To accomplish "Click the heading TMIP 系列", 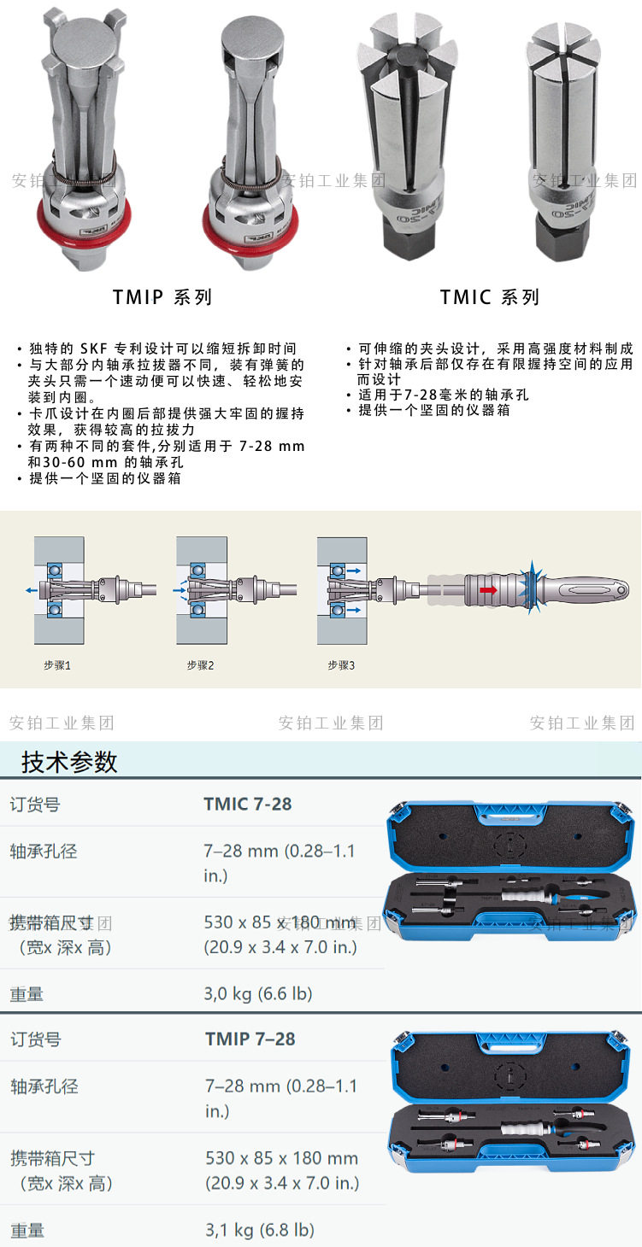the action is [x=162, y=296].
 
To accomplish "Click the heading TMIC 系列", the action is [x=490, y=296].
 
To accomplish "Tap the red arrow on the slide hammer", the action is [x=489, y=589].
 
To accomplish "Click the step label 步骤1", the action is [x=57, y=665].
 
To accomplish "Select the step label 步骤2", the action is [x=201, y=665].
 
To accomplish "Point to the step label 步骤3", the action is [x=341, y=665].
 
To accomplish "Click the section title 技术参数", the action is [x=69, y=762].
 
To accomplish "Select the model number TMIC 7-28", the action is [x=247, y=804].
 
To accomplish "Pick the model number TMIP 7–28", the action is [x=250, y=1039].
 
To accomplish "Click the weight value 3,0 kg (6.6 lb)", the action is [x=258, y=993].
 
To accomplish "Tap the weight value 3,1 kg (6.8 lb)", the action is [x=260, y=1230].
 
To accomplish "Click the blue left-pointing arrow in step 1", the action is [x=32, y=590].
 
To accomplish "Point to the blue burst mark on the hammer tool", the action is [x=531, y=588].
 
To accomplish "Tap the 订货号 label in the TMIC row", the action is [x=34, y=805].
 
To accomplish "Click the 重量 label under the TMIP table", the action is [x=27, y=1230].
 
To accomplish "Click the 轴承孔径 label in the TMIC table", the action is [x=44, y=852].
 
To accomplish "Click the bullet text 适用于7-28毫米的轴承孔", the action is [x=443, y=395].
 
